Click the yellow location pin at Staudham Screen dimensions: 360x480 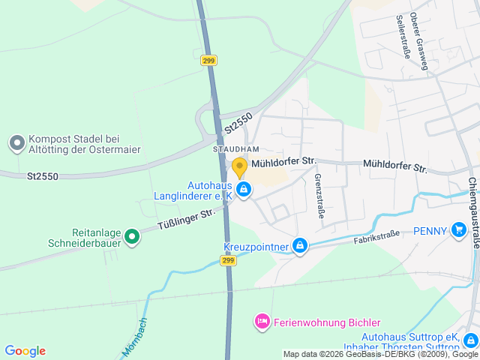click(239, 166)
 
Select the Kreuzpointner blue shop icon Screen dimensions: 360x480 click(299, 245)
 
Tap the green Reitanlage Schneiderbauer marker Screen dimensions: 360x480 click(132, 238)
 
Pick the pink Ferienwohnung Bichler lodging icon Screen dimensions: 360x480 click(262, 322)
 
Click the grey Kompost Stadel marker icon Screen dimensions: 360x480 click(16, 142)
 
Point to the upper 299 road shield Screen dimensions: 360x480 click(209, 61)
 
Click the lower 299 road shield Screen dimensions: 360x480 click(228, 260)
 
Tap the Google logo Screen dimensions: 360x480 click(25, 350)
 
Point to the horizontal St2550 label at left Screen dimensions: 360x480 click(43, 176)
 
